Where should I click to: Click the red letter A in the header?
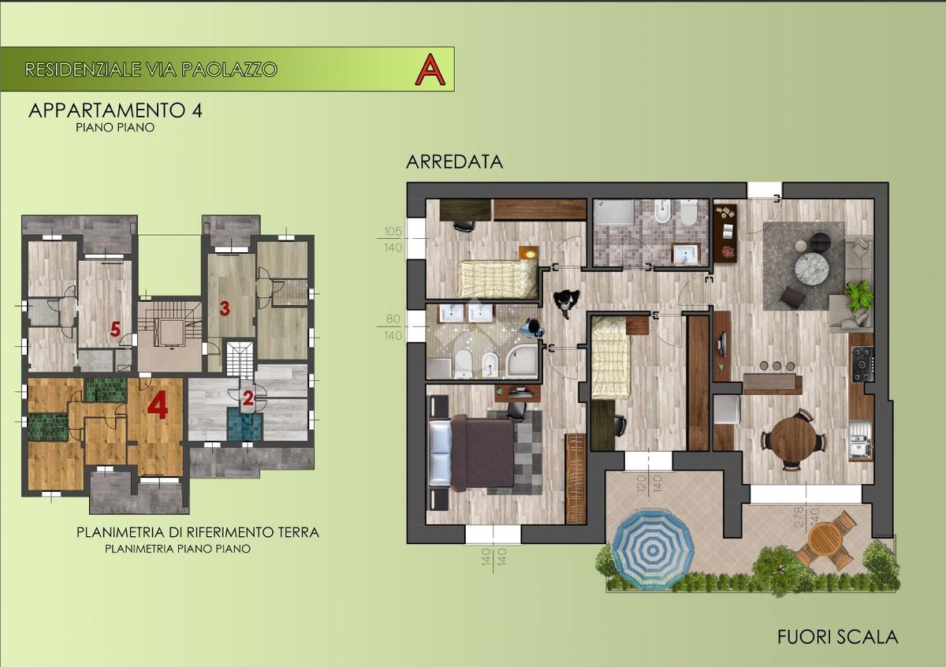(x=430, y=69)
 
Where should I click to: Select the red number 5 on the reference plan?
(x=115, y=330)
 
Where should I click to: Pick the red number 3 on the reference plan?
(x=225, y=309)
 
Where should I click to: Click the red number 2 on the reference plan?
(x=248, y=398)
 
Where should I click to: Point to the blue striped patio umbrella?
(x=653, y=550)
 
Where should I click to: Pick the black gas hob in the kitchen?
(x=862, y=364)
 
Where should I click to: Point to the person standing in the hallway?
(x=566, y=302)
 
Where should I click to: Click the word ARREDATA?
(x=454, y=162)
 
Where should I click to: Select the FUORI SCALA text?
(x=837, y=649)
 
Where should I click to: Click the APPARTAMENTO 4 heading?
(x=115, y=110)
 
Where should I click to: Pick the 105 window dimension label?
(x=393, y=232)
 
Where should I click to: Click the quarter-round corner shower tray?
(x=522, y=360)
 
